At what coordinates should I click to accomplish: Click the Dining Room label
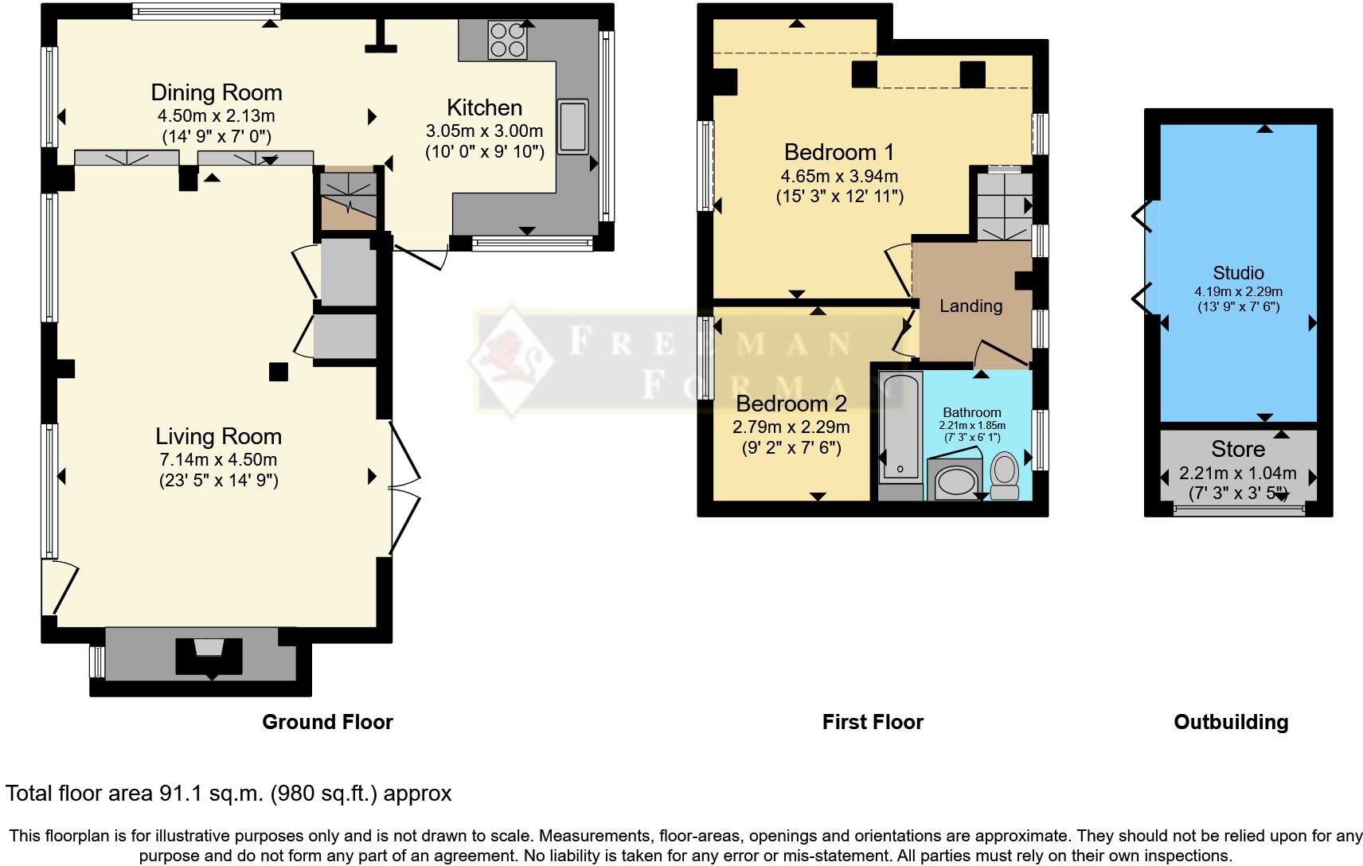217,92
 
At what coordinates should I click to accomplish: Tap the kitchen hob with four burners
507,40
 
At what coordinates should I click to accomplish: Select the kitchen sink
572,127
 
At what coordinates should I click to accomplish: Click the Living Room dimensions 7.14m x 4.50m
218,459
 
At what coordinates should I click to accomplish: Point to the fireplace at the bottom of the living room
209,656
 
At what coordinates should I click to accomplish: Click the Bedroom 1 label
839,152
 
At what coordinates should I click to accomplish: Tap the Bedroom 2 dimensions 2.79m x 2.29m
791,427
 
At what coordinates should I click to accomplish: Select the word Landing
971,306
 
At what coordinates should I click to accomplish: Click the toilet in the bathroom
1005,476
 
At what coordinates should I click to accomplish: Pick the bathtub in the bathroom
900,428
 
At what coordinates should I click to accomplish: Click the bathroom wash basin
955,481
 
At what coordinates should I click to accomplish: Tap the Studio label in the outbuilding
1238,273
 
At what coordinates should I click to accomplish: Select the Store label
1238,449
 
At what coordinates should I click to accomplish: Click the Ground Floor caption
327,722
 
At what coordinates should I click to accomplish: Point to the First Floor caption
873,722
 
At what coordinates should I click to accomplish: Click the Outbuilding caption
1231,722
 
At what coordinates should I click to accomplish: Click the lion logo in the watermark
512,361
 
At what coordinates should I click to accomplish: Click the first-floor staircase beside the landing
1005,207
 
